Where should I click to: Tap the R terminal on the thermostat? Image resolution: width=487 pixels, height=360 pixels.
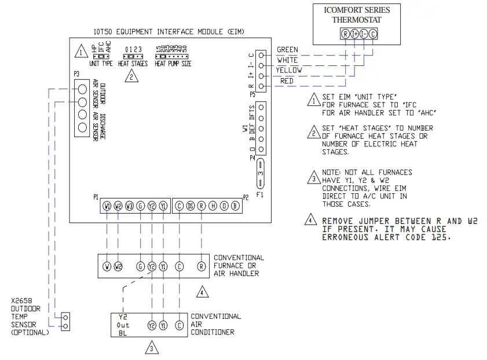346,34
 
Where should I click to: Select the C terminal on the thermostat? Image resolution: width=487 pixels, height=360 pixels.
373,34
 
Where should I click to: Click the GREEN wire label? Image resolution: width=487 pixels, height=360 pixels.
288,50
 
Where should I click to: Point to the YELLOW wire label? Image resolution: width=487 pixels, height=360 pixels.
289,70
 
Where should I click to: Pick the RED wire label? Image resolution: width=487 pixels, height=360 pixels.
287,81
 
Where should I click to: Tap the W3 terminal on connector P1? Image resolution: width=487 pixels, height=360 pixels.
129,206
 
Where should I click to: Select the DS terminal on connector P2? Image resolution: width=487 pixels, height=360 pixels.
191,206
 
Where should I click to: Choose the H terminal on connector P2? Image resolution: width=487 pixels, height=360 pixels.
213,206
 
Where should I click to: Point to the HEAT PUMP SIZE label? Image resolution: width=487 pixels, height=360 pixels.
173,64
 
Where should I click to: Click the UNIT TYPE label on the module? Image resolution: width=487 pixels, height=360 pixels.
101,64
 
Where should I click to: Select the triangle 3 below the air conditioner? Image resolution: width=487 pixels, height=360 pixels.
151,348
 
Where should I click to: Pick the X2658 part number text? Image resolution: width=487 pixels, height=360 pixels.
23,301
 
